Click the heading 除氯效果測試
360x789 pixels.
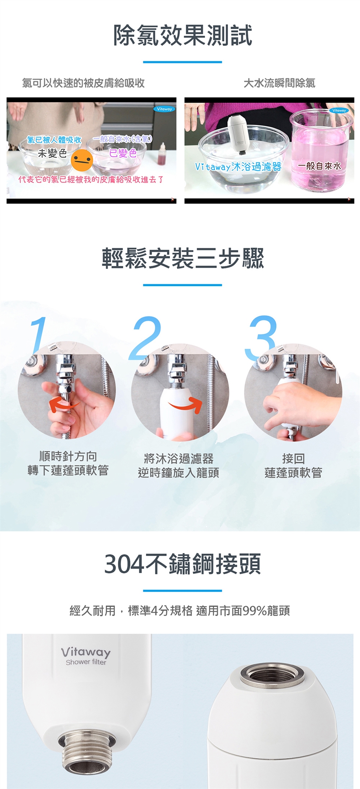point(183,36)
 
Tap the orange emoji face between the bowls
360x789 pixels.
point(82,160)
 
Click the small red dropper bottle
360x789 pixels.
point(163,154)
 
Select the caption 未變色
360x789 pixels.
point(52,153)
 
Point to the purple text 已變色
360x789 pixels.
point(123,153)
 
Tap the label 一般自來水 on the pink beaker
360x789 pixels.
point(320,166)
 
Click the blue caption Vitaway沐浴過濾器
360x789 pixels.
point(238,166)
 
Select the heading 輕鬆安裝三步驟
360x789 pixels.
point(183,258)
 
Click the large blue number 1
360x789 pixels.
point(39,335)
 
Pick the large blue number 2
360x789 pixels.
point(145,338)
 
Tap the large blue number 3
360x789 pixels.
point(261,338)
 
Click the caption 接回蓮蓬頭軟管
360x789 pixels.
point(293,465)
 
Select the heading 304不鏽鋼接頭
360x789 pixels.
point(183,564)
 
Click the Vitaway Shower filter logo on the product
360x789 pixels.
point(86,656)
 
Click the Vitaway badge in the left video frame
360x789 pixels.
point(164,109)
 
